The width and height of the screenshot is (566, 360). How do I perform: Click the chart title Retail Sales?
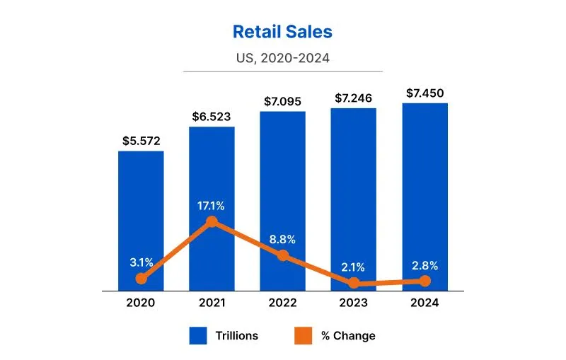pos(282,32)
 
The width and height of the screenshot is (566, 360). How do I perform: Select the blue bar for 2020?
pos(141,212)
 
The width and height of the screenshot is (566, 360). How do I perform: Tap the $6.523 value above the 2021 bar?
pos(212,116)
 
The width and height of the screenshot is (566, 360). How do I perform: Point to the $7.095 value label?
pos(282,101)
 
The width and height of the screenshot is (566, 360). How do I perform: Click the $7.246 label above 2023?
pos(353,98)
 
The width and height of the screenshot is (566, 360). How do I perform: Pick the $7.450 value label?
pos(424,93)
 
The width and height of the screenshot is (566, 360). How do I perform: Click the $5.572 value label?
pos(141,141)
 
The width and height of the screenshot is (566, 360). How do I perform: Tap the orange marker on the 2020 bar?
pos(141,279)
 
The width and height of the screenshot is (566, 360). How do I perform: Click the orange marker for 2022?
pos(282,255)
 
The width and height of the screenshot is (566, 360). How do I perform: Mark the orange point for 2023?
pos(353,283)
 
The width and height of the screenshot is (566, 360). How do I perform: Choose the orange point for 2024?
pos(424,281)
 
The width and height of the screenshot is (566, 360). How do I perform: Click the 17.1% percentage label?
pos(212,206)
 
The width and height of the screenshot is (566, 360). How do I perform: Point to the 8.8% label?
pos(282,239)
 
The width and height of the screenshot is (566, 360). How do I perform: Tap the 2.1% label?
pos(353,267)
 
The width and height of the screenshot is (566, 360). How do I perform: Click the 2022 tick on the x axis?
pos(282,303)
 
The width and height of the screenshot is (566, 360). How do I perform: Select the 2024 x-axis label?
pos(424,303)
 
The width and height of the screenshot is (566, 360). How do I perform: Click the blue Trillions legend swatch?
pos(198,335)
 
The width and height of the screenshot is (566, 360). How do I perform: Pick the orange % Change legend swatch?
pos(302,335)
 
